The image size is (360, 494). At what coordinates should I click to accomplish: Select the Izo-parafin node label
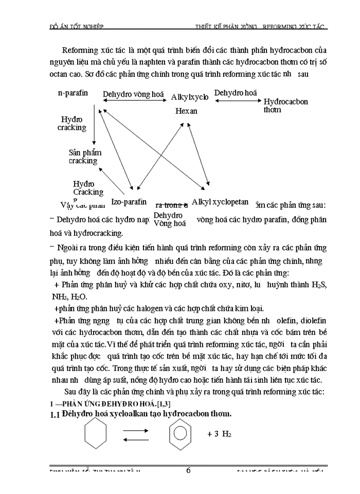pos(129,202)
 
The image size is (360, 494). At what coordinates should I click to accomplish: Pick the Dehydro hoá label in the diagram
pos(236,93)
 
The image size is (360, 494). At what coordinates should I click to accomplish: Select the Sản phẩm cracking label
pos(85,156)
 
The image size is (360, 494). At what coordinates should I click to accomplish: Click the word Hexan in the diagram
pos(186,111)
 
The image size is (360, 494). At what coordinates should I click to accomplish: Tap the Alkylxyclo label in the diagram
pos(190,97)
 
